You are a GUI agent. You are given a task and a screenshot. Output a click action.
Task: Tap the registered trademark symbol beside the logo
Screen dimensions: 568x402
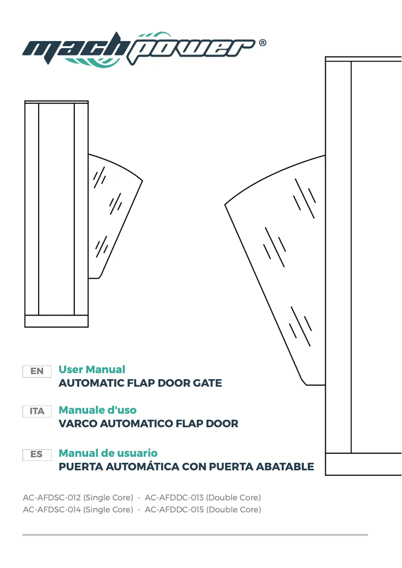click(x=262, y=43)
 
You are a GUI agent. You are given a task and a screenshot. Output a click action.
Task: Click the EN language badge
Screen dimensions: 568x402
click(x=37, y=371)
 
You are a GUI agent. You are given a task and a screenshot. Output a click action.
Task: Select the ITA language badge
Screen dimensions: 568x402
click(x=37, y=411)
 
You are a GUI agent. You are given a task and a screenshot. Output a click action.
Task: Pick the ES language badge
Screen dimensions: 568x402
click(x=37, y=454)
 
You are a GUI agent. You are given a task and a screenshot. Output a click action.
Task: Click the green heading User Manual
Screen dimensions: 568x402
click(x=92, y=370)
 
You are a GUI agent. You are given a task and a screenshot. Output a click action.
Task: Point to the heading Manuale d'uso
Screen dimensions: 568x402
click(x=97, y=410)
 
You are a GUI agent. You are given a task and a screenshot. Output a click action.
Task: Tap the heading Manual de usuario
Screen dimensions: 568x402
click(x=108, y=453)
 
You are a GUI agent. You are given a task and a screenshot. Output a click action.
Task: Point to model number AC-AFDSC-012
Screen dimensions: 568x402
click(x=52, y=498)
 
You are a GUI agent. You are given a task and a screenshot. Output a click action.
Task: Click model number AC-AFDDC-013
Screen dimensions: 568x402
click(x=174, y=498)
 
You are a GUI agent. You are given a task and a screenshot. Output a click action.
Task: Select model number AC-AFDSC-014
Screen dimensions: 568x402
click(x=52, y=510)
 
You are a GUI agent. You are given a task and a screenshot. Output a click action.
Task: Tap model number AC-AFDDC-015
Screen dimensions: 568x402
click(x=174, y=510)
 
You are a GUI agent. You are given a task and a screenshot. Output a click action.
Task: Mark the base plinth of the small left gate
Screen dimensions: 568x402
click(x=56, y=321)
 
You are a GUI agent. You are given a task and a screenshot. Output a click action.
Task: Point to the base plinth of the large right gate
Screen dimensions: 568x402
click(x=363, y=464)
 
